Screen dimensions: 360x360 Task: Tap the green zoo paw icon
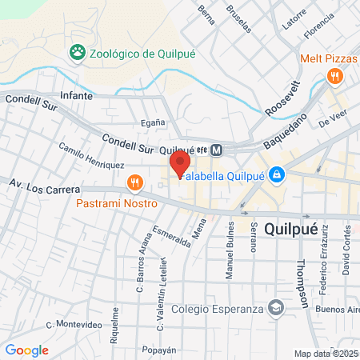point(78,53)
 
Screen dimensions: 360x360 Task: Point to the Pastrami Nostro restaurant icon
point(134,183)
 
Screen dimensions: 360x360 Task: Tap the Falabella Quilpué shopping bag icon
point(276,173)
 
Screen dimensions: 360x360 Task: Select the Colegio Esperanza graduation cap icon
point(275,309)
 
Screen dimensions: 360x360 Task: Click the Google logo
point(26,350)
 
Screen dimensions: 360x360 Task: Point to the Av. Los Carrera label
point(45,187)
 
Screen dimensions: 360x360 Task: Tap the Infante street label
point(76,95)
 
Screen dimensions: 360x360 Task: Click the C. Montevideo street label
point(74,324)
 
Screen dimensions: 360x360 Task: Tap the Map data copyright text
point(326,354)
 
